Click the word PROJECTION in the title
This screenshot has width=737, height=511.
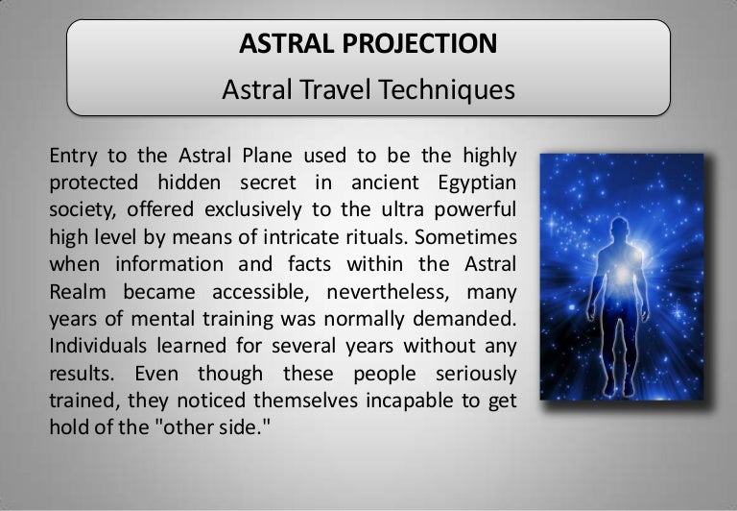[419, 43]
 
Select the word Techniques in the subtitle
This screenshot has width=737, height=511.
[446, 89]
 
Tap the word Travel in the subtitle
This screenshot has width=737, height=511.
[336, 89]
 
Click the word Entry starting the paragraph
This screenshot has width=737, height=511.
[73, 157]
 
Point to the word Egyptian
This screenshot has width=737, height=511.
[477, 183]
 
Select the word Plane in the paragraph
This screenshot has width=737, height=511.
[267, 156]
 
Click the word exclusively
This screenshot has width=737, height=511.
[253, 209]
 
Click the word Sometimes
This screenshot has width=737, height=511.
[465, 236]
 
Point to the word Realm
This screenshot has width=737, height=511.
[78, 292]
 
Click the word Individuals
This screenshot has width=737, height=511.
[98, 346]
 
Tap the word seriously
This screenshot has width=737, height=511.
[476, 374]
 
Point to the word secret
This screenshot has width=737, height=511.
[268, 183]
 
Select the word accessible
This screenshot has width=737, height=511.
[260, 292]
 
